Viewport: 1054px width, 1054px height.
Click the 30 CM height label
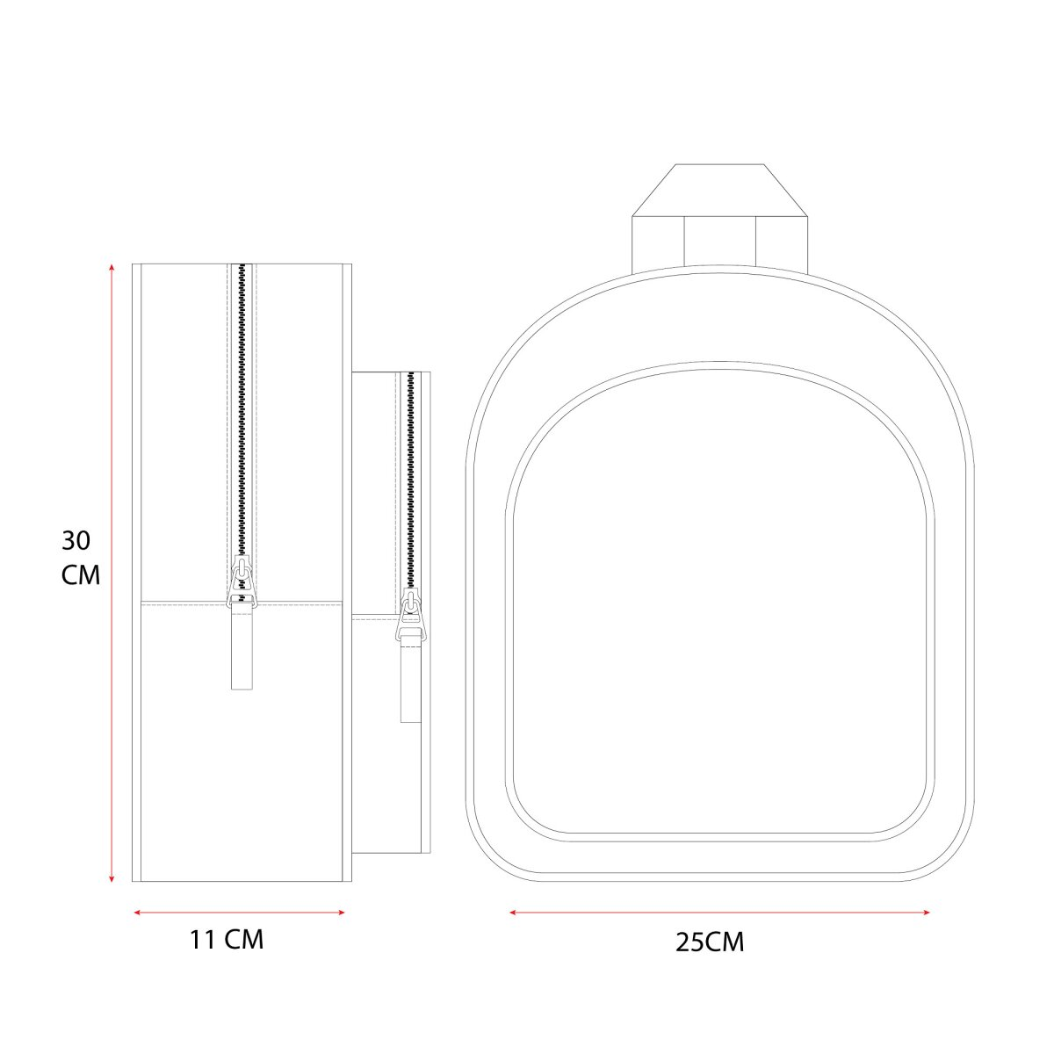81,558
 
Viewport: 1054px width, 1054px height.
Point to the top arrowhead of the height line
112,268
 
